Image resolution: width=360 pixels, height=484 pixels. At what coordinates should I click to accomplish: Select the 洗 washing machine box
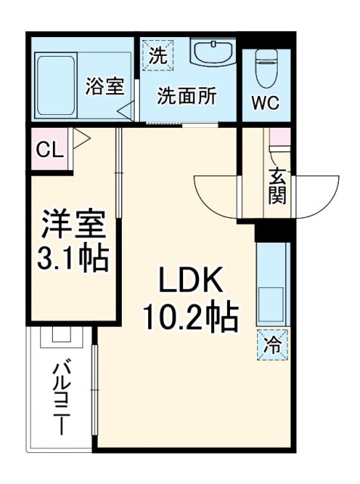[x=157, y=54]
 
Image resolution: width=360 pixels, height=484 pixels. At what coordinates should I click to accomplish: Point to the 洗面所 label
[x=185, y=97]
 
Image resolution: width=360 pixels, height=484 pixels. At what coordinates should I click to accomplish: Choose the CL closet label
[x=48, y=149]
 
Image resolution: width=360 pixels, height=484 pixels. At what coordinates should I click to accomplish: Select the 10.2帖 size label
[x=191, y=318]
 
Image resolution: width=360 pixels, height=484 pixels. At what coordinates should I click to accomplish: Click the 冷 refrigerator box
[x=271, y=345]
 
